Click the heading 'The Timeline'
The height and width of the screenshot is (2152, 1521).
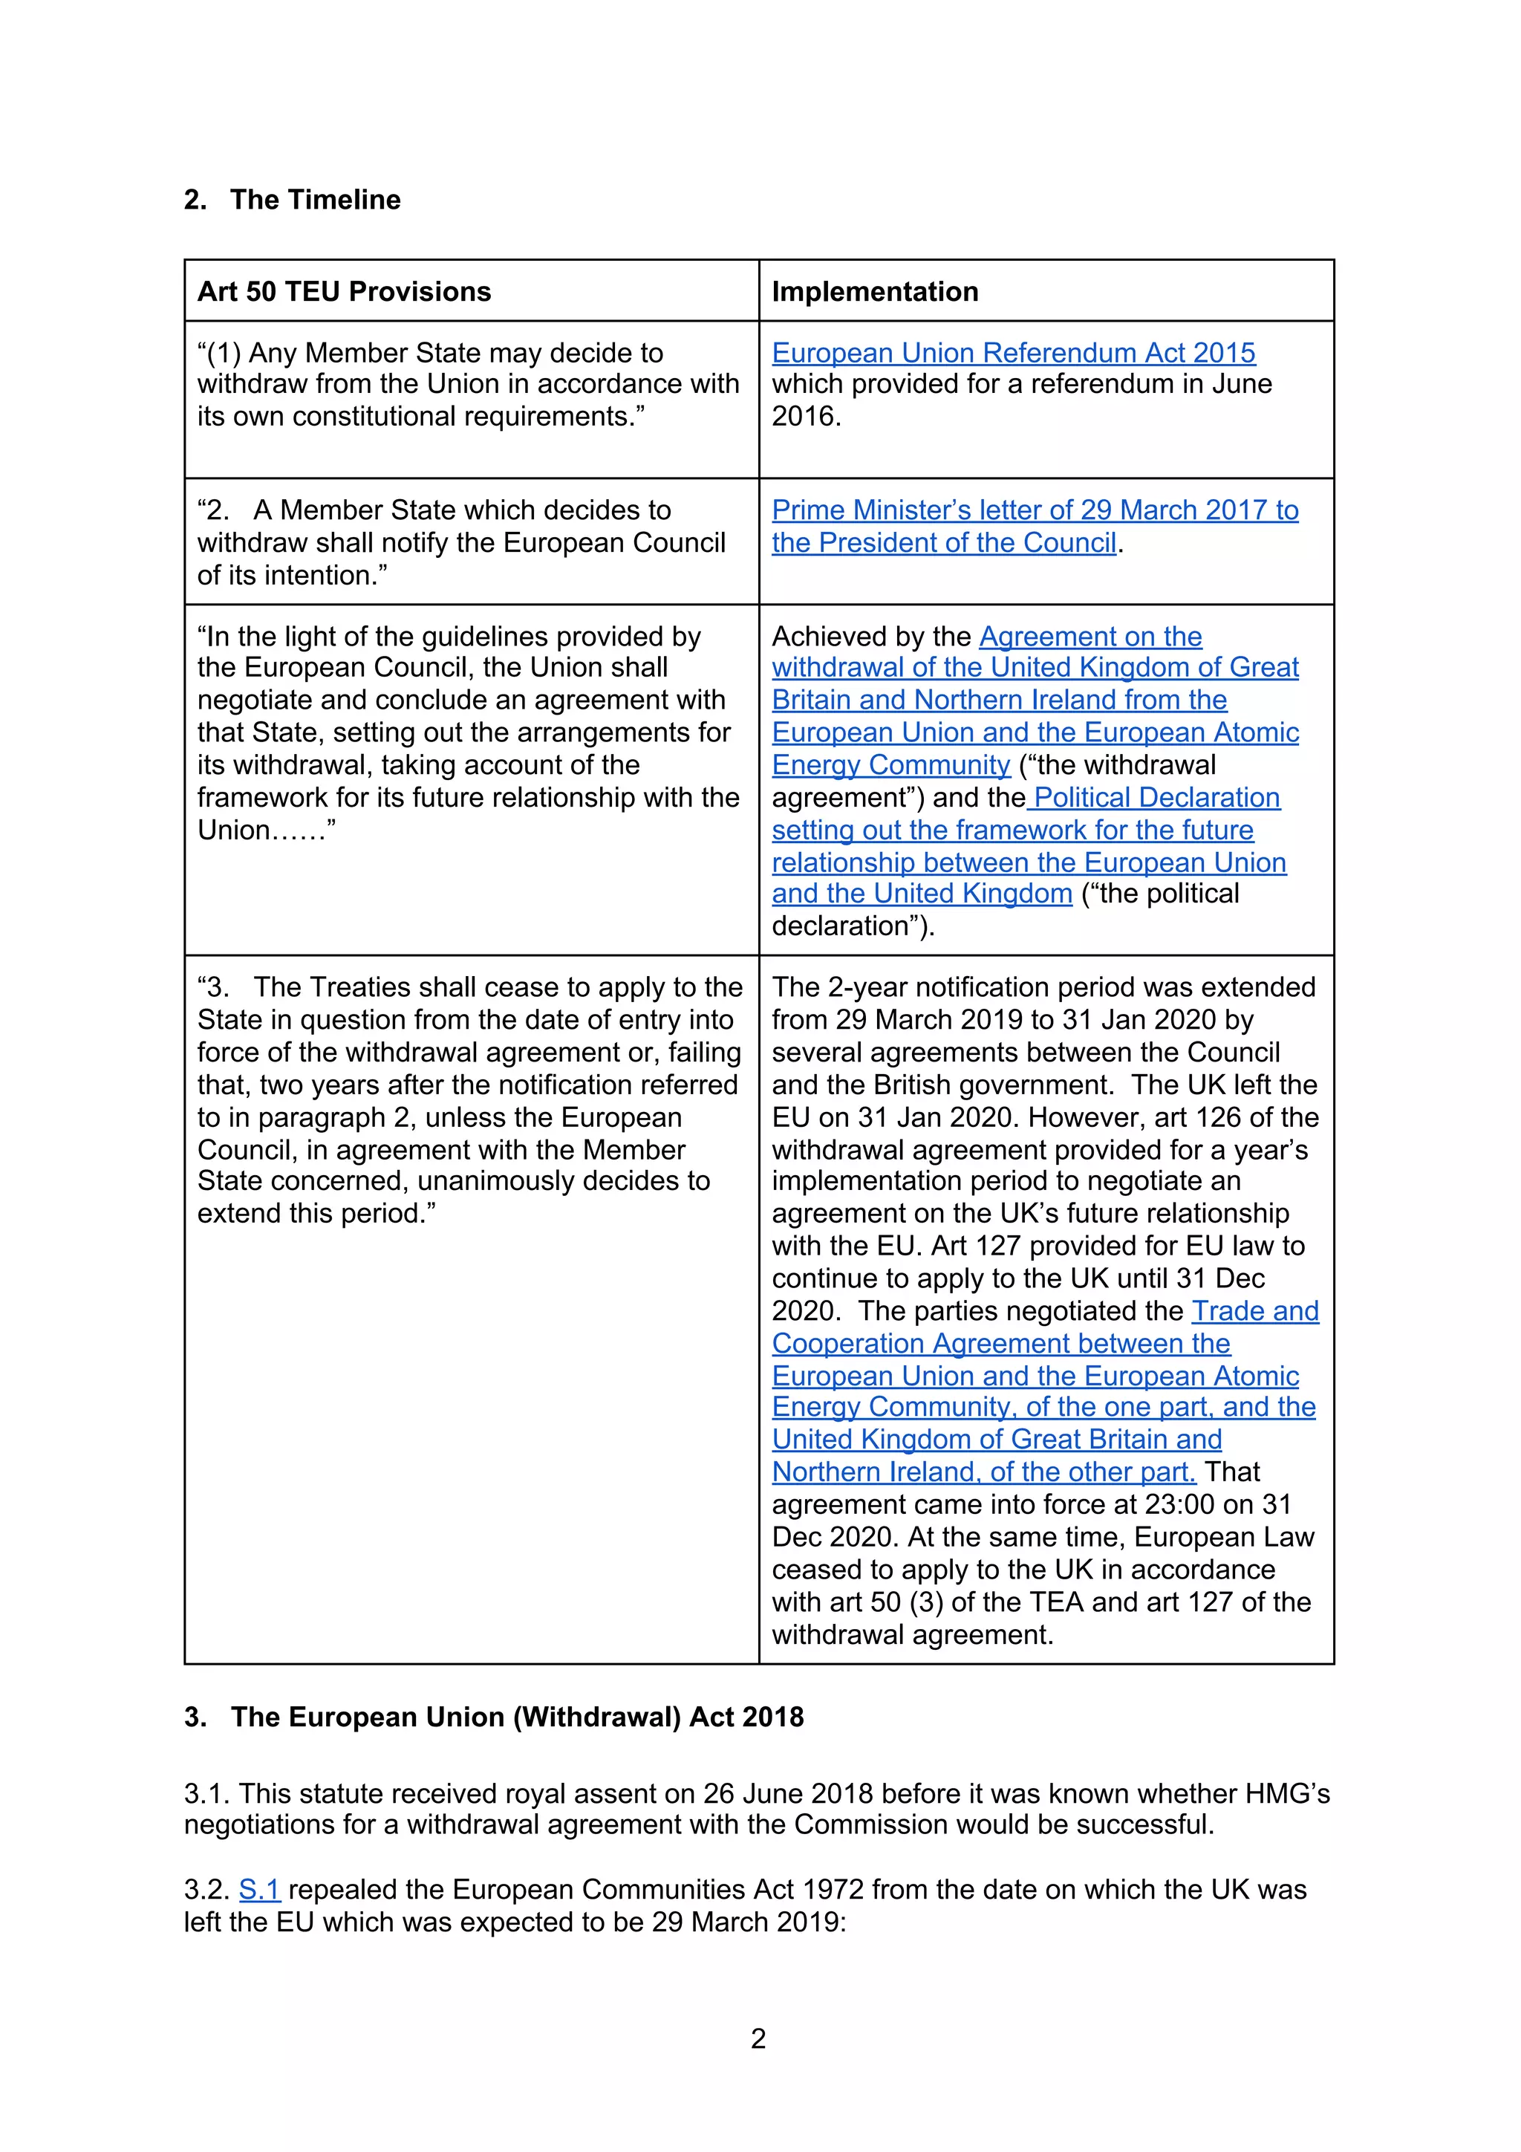315,200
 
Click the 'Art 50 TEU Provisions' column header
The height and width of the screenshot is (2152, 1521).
344,291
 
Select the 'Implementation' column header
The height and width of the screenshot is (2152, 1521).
874,291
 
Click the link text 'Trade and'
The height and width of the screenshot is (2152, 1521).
1255,1310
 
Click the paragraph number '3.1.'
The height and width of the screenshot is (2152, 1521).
207,1793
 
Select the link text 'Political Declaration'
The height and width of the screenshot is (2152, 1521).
1156,798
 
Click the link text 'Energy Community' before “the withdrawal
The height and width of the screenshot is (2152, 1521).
890,765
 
